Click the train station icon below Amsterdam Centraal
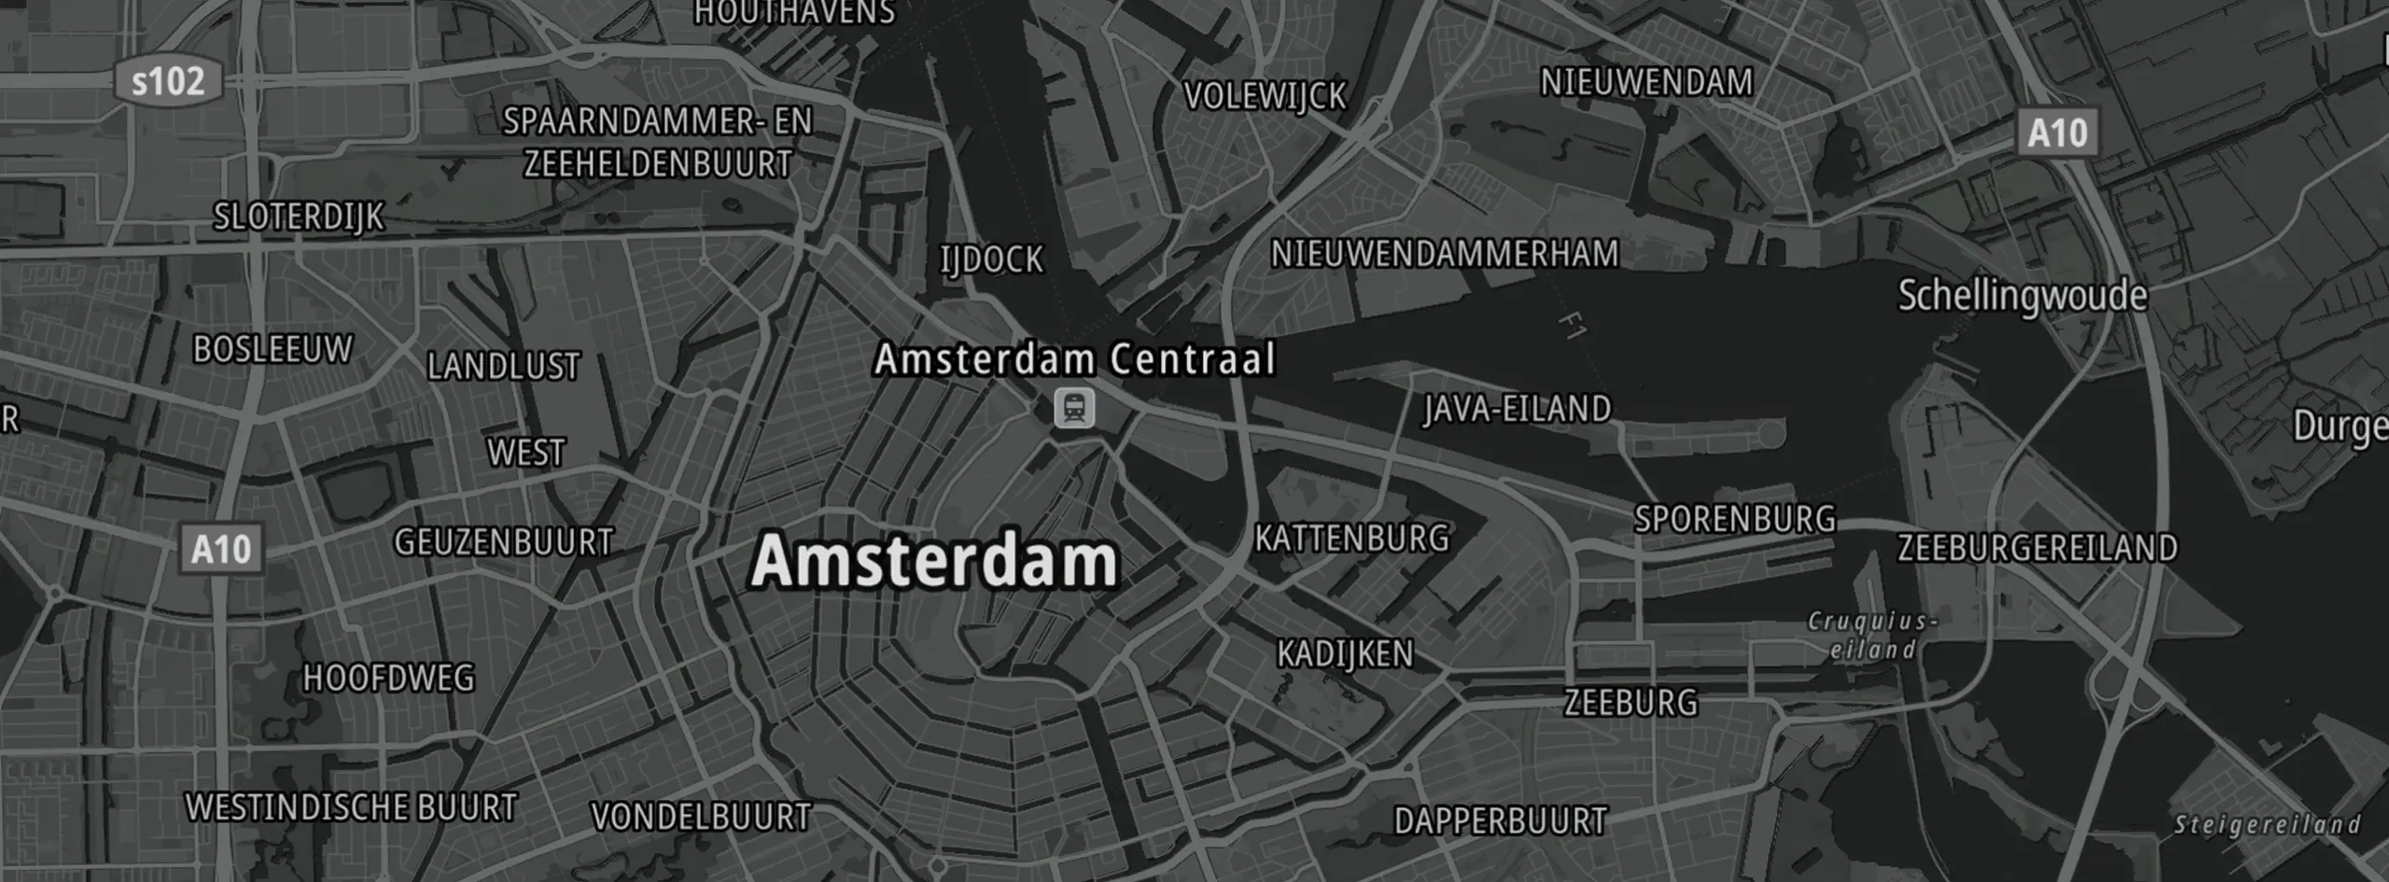point(1074,409)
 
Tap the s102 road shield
point(168,82)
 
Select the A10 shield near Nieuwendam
point(2058,133)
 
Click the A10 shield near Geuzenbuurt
point(221,549)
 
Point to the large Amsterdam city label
point(934,561)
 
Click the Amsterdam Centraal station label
point(1074,359)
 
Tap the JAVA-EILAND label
point(1517,409)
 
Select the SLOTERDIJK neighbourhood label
point(299,217)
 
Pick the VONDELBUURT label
point(701,818)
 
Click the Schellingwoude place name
point(2022,296)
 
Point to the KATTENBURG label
point(1351,539)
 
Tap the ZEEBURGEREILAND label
point(2037,548)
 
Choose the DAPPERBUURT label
point(1501,821)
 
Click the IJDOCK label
point(992,259)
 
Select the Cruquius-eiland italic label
point(1872,636)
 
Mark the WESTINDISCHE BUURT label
point(351,807)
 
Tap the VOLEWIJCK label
point(1265,96)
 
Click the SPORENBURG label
point(1735,519)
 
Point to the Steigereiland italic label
point(2267,825)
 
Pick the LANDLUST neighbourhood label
point(504,366)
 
